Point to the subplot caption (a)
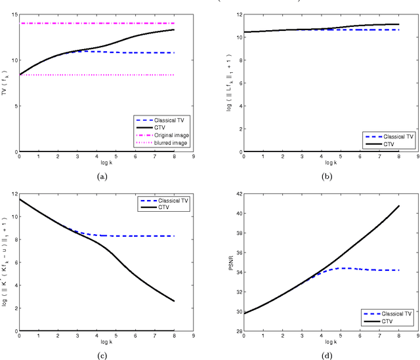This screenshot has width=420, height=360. (x=101, y=176)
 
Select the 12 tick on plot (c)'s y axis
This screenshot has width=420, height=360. (x=12, y=194)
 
